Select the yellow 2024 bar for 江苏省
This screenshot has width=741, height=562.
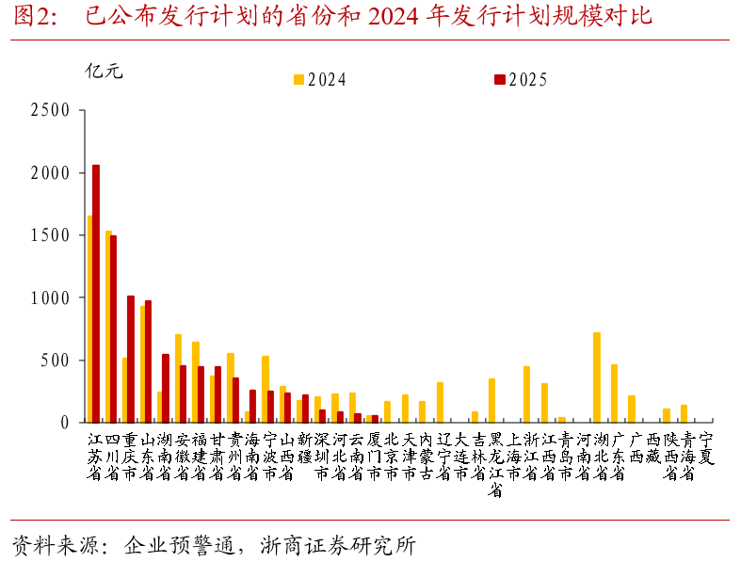point(89,319)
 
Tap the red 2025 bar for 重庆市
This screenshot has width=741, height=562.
point(131,359)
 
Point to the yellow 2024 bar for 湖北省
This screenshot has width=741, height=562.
point(597,377)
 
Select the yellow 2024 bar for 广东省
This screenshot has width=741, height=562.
point(615,393)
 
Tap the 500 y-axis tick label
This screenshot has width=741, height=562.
point(56,361)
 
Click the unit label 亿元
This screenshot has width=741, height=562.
point(104,71)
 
